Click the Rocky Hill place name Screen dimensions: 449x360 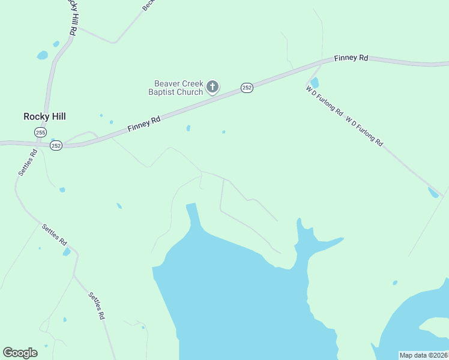click(x=44, y=116)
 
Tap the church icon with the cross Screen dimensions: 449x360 click(x=212, y=88)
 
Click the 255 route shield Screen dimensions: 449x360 click(x=40, y=132)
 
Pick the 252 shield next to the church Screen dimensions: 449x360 click(x=247, y=88)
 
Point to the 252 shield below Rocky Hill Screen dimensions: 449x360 click(x=56, y=146)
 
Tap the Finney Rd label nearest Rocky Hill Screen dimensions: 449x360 click(x=144, y=124)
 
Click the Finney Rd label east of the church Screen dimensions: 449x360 click(x=351, y=58)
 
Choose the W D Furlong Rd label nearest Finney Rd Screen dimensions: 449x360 click(x=324, y=100)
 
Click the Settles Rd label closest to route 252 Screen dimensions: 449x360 click(x=28, y=162)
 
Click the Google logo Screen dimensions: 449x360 click(x=20, y=353)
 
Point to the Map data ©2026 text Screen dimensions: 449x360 click(x=423, y=355)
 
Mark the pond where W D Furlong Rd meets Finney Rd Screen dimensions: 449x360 click(x=315, y=82)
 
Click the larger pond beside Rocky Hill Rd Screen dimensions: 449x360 click(x=42, y=55)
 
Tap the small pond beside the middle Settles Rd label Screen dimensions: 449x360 click(x=67, y=252)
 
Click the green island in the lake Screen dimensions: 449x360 click(x=435, y=327)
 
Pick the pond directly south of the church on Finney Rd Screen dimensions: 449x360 click(x=188, y=128)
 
